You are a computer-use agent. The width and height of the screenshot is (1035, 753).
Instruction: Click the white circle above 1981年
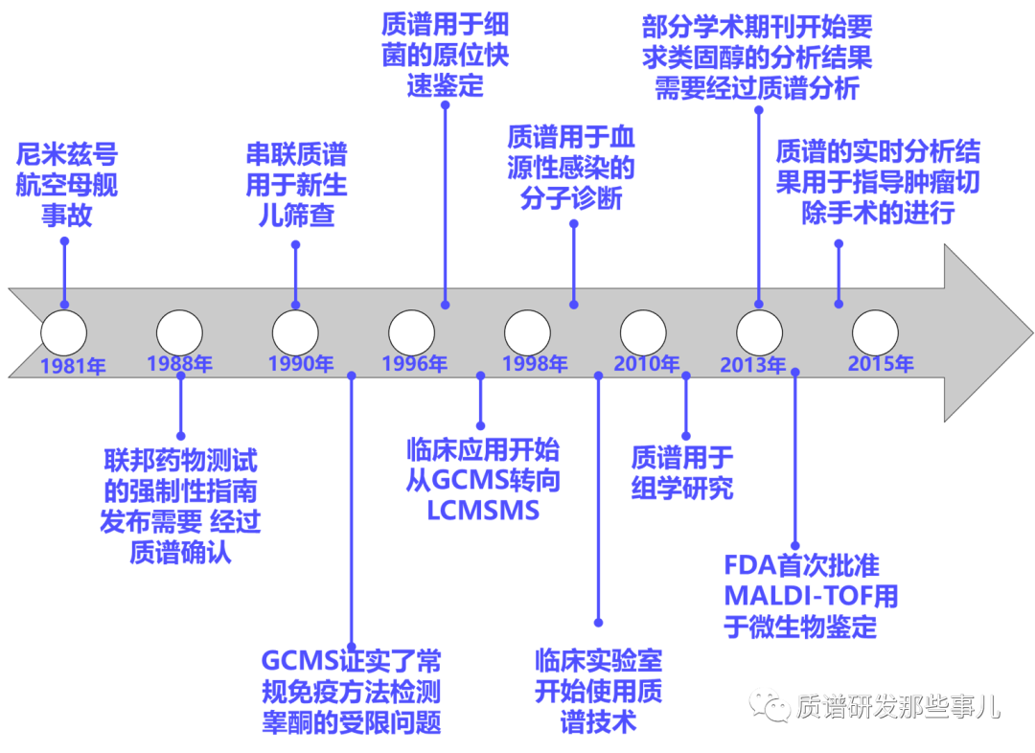(x=63, y=332)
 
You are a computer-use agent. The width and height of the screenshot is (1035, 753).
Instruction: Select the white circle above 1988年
(x=179, y=332)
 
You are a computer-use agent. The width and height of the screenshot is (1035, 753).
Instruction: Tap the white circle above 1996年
(x=411, y=332)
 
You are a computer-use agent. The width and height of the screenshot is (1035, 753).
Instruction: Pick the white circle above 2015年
(x=875, y=332)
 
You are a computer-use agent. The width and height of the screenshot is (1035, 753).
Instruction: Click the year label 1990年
(x=301, y=364)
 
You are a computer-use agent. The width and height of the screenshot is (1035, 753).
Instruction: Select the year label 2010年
(x=647, y=364)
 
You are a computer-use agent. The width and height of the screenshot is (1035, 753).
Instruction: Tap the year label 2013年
(x=753, y=365)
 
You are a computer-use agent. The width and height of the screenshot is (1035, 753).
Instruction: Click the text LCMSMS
(x=483, y=511)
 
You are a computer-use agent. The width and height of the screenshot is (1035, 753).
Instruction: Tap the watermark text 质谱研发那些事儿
(x=898, y=707)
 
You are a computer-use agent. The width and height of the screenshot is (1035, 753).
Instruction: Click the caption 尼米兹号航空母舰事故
(x=66, y=184)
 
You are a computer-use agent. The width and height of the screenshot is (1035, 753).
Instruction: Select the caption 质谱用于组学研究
(x=681, y=472)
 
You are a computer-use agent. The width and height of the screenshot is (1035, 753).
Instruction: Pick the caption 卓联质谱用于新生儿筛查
(x=296, y=184)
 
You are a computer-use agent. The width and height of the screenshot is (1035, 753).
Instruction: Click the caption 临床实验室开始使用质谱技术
(x=598, y=690)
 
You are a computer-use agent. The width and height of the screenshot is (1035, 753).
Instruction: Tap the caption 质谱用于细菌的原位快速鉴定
(x=445, y=55)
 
